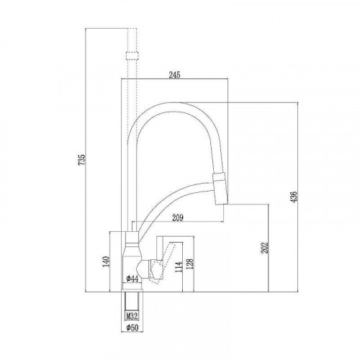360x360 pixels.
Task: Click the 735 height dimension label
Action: [x=82, y=159]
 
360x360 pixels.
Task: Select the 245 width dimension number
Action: [x=174, y=75]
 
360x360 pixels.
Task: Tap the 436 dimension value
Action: [x=294, y=197]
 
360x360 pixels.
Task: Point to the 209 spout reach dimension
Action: [x=178, y=217]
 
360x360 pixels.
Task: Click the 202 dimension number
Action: [x=264, y=247]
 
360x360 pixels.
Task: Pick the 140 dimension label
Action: [x=106, y=261]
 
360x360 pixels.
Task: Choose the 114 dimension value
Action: [x=179, y=267]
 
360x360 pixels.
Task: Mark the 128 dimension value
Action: [x=189, y=264]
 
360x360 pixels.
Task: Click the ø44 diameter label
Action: [x=132, y=279]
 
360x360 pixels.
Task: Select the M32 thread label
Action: [x=132, y=316]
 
